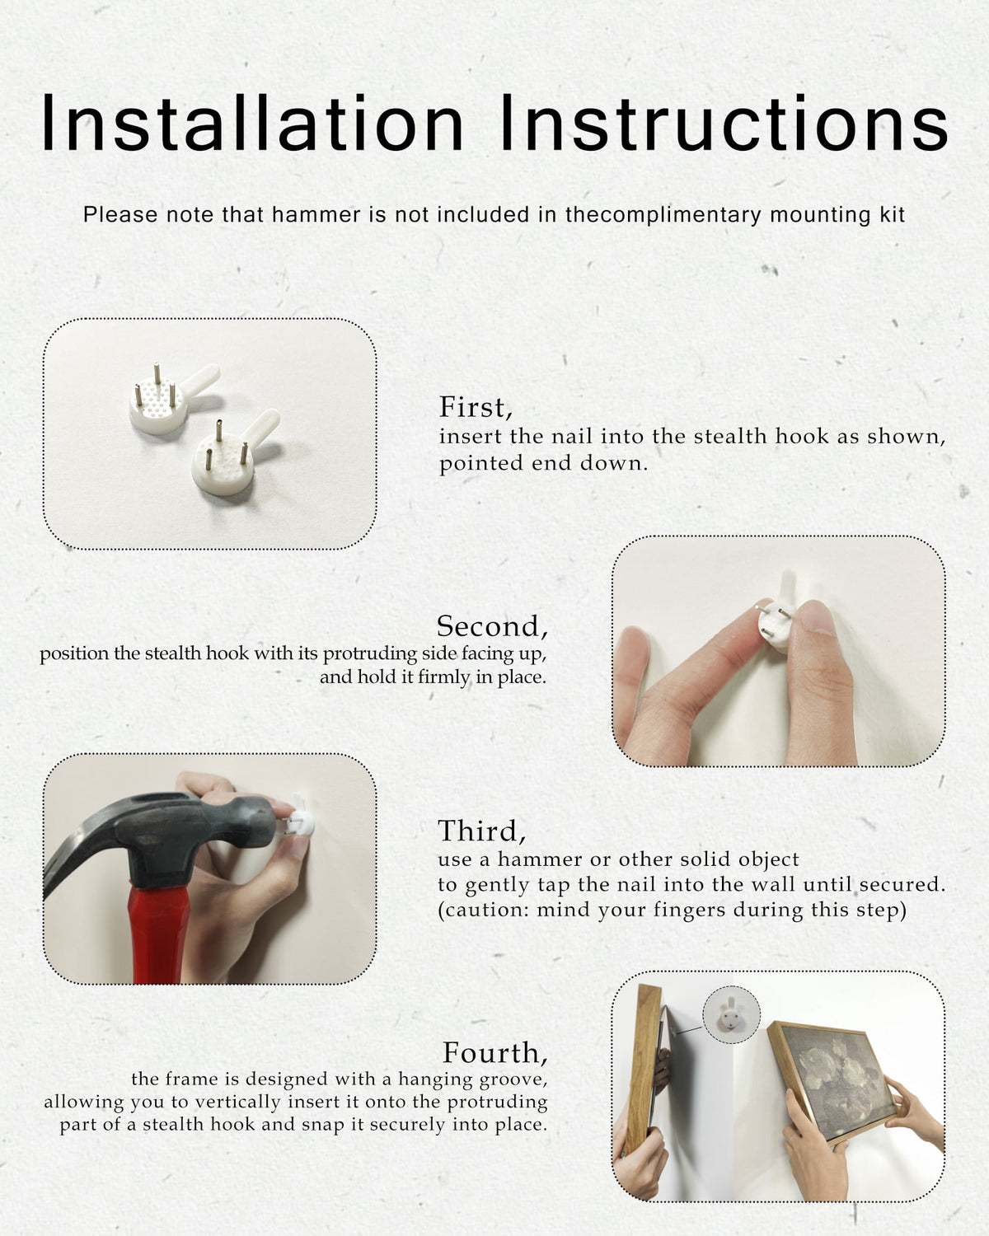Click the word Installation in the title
coord(251,123)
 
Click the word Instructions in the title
coord(724,123)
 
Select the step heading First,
coord(476,407)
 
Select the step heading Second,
coord(492,626)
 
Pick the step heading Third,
coord(481,831)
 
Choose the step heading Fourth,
coord(494,1053)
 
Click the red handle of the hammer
coord(159,934)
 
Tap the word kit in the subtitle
coord(893,215)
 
